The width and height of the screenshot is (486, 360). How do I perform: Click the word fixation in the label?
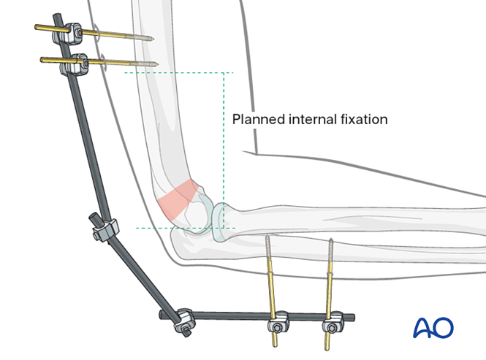point(364,119)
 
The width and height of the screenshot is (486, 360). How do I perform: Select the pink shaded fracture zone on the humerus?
point(175,200)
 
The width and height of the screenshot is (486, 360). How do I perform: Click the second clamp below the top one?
point(76,64)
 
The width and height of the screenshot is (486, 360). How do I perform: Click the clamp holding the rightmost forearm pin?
point(333,319)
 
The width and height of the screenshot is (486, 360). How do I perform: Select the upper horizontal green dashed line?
point(175,72)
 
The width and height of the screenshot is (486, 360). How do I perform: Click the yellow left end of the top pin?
point(39,28)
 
